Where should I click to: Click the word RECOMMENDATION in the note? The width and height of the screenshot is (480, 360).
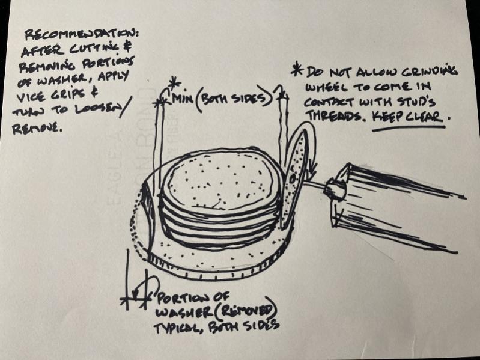pyautogui.click(x=82, y=35)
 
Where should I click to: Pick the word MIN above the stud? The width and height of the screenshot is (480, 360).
pyautogui.click(x=183, y=99)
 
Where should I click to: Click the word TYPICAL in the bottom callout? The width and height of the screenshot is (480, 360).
pyautogui.click(x=177, y=328)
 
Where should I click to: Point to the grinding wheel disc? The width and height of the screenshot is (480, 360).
pyautogui.click(x=294, y=177)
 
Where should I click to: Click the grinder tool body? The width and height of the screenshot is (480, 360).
pyautogui.click(x=395, y=208)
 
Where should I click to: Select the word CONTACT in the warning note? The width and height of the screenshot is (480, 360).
pyautogui.click(x=329, y=102)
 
